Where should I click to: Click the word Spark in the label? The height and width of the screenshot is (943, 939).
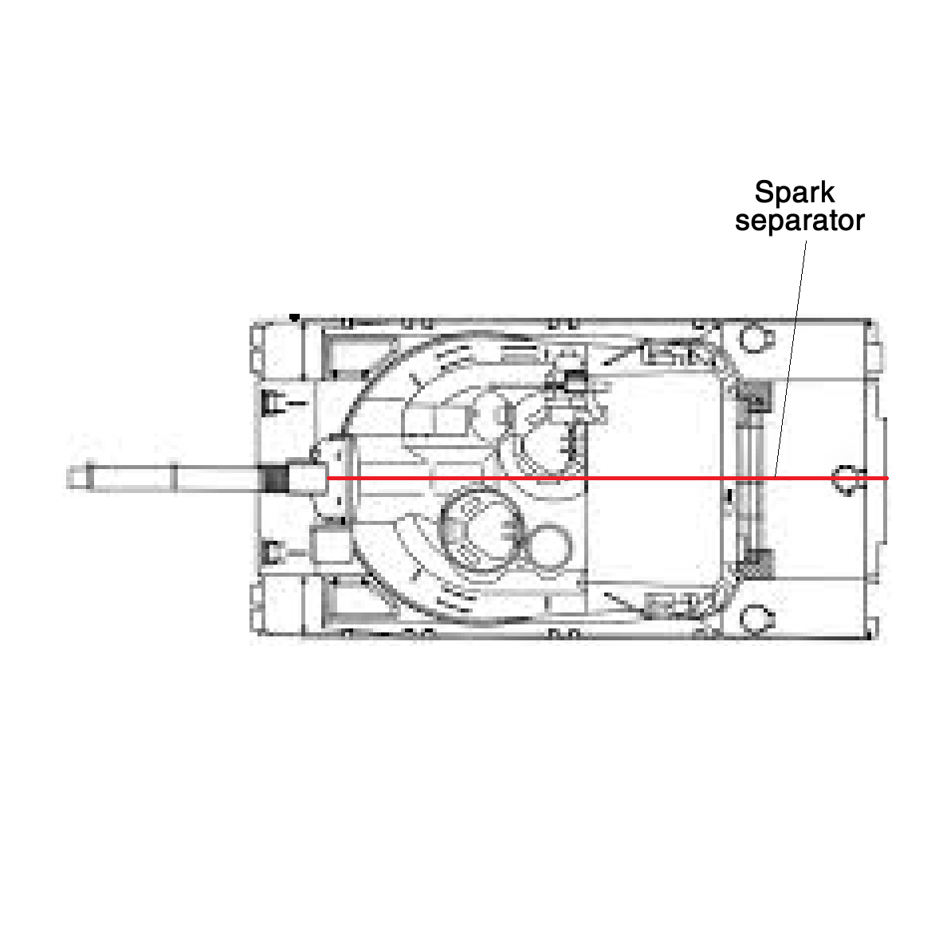(x=795, y=193)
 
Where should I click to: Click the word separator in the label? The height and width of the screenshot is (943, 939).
(x=800, y=221)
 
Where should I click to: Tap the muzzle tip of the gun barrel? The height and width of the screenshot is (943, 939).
(x=68, y=478)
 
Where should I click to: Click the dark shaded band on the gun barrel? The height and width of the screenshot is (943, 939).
(x=277, y=478)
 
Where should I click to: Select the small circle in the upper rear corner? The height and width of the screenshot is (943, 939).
(x=756, y=339)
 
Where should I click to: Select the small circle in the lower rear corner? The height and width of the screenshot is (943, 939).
(x=756, y=619)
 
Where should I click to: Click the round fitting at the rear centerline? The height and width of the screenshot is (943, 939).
(x=849, y=479)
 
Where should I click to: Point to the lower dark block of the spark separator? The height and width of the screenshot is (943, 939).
(x=756, y=564)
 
